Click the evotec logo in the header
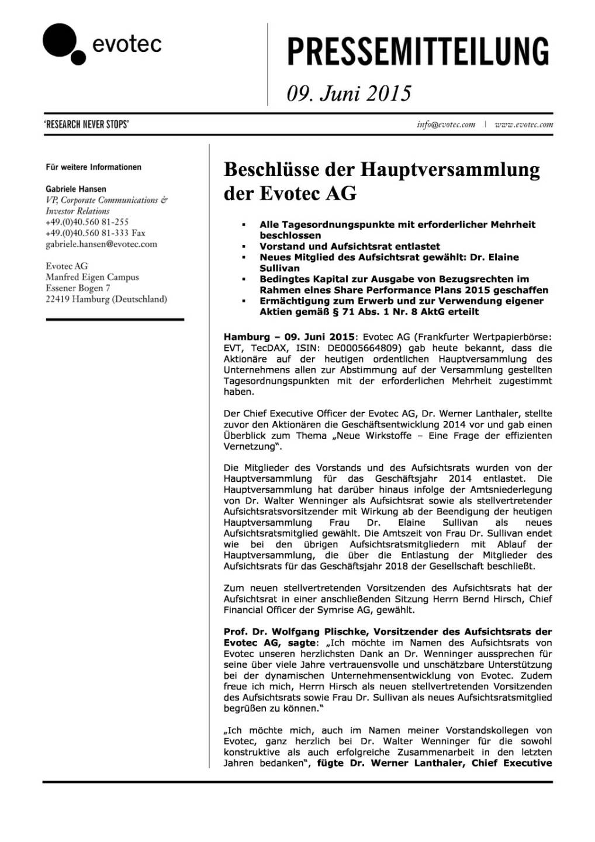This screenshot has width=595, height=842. tap(102, 44)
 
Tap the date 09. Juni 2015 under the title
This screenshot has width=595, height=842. tap(349, 94)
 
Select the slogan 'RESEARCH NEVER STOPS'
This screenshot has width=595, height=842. tap(87, 124)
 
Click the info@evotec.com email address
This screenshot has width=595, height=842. tap(446, 125)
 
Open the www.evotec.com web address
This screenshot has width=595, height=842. tap(524, 125)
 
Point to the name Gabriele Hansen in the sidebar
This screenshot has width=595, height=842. tap(76, 189)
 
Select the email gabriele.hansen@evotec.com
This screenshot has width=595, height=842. tap(101, 244)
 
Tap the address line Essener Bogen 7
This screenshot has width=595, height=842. tap(78, 288)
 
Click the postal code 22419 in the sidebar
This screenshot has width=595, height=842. tap(57, 299)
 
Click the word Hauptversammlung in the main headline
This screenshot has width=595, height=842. tap(449, 170)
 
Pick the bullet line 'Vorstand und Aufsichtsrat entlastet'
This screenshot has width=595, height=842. tap(350, 246)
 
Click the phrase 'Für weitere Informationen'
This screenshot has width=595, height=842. tap(94, 167)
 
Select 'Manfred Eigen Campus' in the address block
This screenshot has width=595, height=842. tap(92, 277)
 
